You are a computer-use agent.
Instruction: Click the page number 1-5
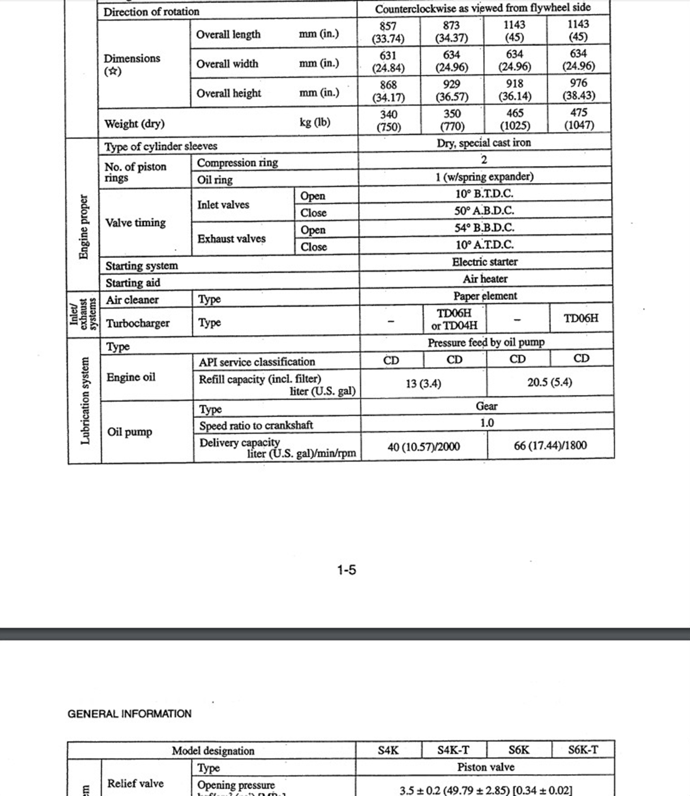(346, 570)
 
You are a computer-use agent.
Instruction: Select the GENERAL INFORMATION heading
(129, 714)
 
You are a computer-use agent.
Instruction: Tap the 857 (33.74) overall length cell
(388, 32)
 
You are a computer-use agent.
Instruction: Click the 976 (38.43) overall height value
(579, 89)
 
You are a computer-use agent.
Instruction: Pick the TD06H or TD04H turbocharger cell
(454, 319)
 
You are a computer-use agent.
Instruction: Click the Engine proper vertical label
(83, 227)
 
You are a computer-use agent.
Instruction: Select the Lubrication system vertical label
(85, 401)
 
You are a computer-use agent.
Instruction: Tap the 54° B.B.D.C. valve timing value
(484, 228)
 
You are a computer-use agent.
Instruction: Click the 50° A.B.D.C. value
(484, 211)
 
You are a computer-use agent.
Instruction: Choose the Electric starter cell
(485, 262)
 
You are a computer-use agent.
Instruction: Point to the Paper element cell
(485, 296)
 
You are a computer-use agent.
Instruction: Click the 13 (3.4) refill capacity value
(423, 384)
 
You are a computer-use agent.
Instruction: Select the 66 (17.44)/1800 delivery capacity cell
(550, 446)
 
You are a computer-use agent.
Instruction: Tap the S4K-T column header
(453, 750)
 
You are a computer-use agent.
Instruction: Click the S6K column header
(518, 750)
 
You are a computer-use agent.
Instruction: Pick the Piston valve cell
(486, 767)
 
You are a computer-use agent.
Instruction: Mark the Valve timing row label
(135, 223)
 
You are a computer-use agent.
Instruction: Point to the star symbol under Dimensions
(113, 72)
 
